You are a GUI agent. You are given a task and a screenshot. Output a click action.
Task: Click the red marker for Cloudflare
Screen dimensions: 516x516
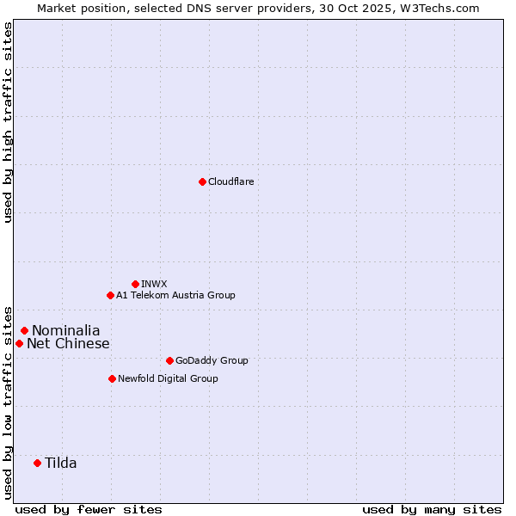pos(202,181)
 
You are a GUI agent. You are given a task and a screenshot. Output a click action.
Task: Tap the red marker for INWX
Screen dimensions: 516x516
pos(135,284)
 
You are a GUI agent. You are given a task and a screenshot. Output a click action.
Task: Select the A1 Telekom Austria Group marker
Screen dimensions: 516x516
pos(110,295)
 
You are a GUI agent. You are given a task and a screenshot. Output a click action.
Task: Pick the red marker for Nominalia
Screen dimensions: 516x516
pos(24,330)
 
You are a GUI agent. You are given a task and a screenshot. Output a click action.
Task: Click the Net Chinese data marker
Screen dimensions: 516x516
pos(19,343)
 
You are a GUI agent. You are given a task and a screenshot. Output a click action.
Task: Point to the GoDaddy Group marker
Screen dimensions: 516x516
pos(169,360)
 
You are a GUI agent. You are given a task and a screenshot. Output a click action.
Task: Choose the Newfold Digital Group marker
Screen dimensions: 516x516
pos(112,378)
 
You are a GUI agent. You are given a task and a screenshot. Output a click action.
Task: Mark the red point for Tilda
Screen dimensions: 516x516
pos(37,463)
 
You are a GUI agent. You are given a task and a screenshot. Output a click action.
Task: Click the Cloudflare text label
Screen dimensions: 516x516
pos(230,181)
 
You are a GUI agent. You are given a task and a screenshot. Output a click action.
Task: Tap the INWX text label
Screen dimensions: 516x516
pos(154,284)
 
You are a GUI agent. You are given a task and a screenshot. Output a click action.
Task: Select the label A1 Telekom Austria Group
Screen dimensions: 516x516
pos(175,295)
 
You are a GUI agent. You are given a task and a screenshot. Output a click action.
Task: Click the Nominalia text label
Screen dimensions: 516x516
pos(66,330)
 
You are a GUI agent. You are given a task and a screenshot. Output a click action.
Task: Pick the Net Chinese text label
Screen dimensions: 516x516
pos(68,344)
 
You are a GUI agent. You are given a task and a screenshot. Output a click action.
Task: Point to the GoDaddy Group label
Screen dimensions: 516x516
pos(212,360)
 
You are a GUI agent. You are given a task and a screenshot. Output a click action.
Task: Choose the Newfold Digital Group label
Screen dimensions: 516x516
pos(168,378)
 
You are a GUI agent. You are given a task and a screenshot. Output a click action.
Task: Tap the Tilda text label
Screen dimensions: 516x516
pos(61,464)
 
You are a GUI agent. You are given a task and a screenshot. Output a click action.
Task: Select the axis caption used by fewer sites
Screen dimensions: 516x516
pos(89,509)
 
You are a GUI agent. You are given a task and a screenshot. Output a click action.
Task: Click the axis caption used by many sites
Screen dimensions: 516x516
pos(432,509)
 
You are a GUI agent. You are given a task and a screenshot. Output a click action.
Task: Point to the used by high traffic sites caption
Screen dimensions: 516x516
pos(8,122)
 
